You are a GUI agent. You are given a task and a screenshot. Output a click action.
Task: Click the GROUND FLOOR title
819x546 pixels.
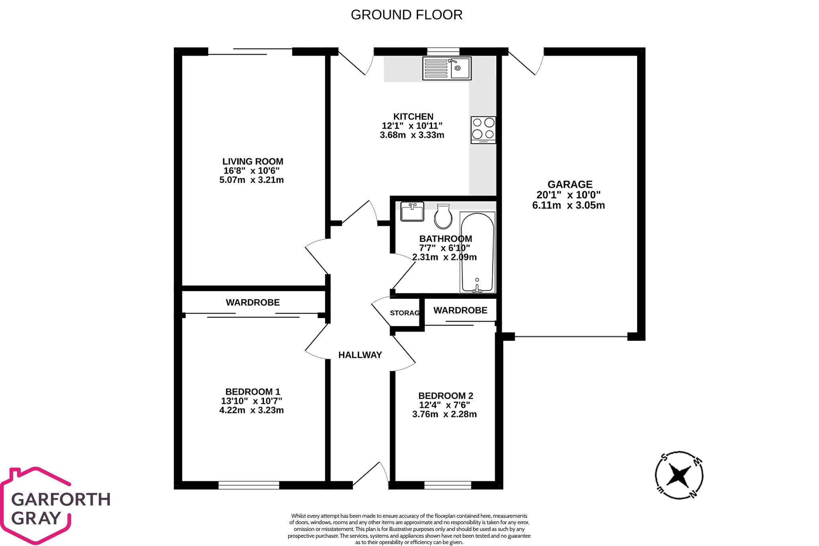coord(407,15)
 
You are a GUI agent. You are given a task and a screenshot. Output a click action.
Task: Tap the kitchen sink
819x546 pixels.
coord(447,68)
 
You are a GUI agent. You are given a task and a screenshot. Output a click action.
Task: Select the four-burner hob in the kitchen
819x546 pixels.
coord(483,130)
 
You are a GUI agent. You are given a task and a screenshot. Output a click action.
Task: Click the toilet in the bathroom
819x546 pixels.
coord(443,216)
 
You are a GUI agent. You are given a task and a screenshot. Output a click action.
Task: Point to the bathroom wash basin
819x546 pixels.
coord(412,211)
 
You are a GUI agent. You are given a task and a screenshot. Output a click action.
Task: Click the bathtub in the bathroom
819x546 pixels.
coord(477,252)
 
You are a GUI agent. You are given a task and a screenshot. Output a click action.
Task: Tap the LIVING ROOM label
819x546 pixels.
coord(253,161)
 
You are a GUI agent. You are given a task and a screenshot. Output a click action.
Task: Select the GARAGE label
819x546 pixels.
coord(570,184)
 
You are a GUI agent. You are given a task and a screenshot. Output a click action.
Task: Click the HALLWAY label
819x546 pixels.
coord(360,355)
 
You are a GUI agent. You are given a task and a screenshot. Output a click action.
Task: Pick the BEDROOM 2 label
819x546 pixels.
coord(446,396)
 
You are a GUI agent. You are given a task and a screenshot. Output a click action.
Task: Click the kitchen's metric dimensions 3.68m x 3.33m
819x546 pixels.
coord(412,135)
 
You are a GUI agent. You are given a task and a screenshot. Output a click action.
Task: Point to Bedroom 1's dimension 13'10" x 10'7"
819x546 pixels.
coord(252,401)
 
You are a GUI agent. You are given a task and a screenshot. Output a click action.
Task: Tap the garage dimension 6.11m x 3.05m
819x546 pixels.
coord(569,205)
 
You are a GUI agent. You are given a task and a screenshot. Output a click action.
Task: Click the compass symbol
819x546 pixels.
coord(679,475)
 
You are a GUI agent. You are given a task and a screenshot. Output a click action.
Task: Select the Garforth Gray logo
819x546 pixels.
coord(55,506)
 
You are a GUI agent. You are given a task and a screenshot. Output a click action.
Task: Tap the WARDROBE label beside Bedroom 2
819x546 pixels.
coord(460,310)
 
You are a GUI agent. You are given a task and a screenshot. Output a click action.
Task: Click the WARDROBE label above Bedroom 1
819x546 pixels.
coord(253,303)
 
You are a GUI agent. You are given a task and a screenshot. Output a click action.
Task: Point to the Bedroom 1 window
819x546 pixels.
coord(249,485)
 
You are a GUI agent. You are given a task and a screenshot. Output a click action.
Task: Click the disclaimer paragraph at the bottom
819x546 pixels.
coord(409,529)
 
